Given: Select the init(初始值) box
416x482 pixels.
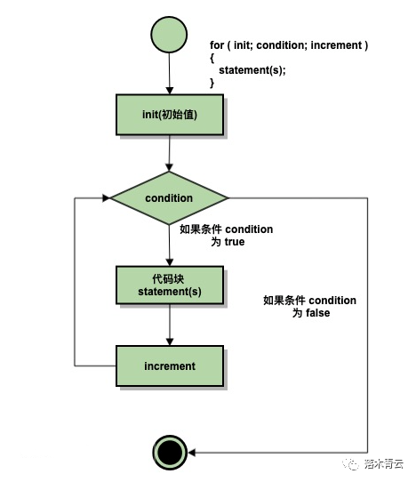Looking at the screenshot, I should click(x=169, y=114).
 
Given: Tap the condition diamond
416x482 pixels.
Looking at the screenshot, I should click(x=169, y=197).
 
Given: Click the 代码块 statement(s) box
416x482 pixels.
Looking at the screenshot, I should click(x=169, y=285).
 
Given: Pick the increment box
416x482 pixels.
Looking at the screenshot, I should click(x=169, y=366).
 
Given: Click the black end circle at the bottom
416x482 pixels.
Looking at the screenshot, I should click(x=169, y=453).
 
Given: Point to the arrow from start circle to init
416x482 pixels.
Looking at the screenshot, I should click(x=169, y=76).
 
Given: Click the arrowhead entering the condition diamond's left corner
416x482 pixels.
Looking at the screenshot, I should click(x=103, y=197).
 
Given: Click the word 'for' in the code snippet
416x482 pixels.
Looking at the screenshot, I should click(x=217, y=45).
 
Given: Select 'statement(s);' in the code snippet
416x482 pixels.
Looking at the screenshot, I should click(x=252, y=70).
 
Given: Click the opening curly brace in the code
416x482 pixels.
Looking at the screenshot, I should click(x=212, y=58).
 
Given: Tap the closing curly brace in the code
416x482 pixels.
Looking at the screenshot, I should click(x=212, y=83).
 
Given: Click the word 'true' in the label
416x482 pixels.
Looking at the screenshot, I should click(x=233, y=242).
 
